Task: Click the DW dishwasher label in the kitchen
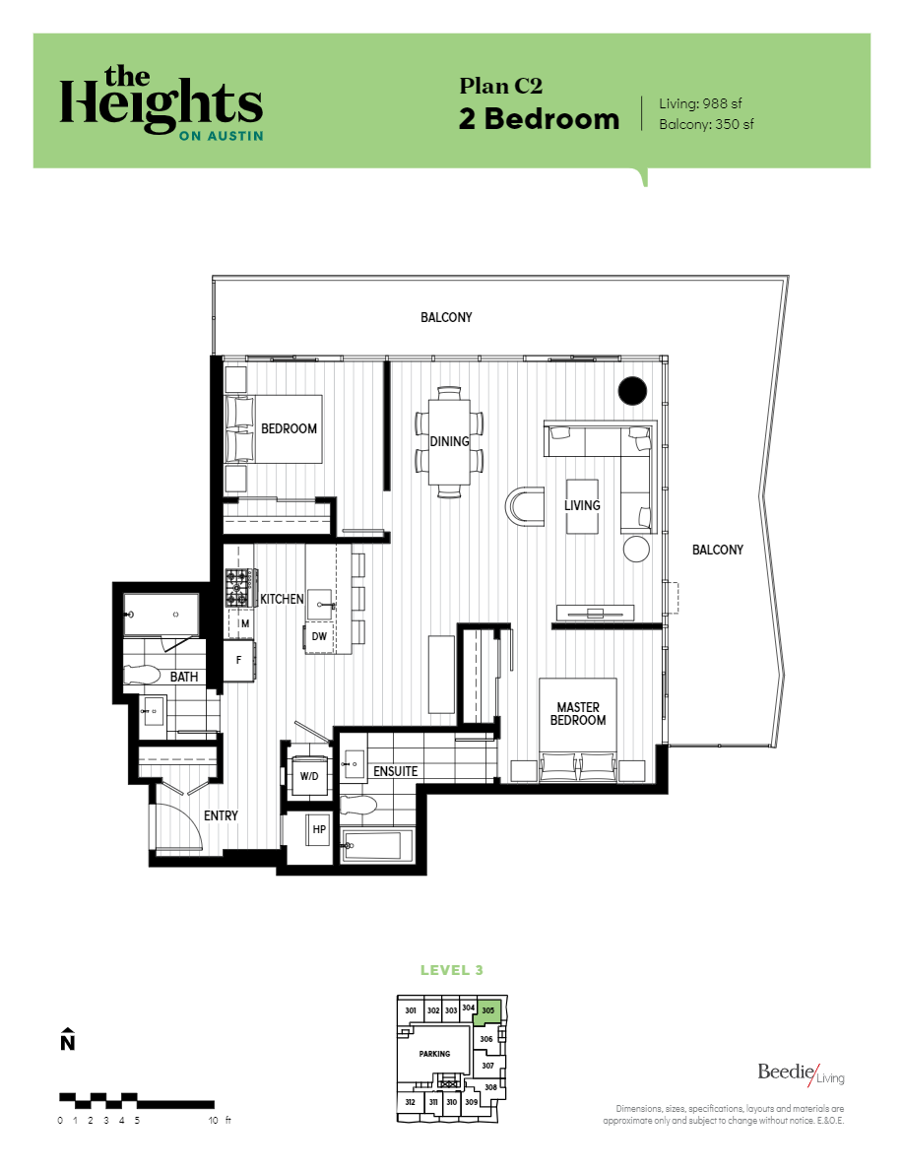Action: [x=319, y=636]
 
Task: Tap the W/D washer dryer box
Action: [x=309, y=776]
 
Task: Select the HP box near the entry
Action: [x=319, y=830]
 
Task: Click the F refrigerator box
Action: [x=239, y=661]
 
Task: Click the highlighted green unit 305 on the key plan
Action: [x=489, y=1010]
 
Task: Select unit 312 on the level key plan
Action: [x=410, y=1102]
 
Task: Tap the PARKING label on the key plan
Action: [x=434, y=1054]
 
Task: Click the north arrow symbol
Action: [x=67, y=1040]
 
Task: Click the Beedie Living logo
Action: [x=800, y=1072]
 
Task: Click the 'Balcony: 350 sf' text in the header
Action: [x=707, y=125]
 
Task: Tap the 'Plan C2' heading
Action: [x=501, y=86]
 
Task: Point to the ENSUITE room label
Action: [x=396, y=771]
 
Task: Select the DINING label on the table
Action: [x=449, y=441]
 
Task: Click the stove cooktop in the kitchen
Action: [x=239, y=588]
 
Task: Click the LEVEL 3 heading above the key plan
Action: [x=452, y=970]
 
